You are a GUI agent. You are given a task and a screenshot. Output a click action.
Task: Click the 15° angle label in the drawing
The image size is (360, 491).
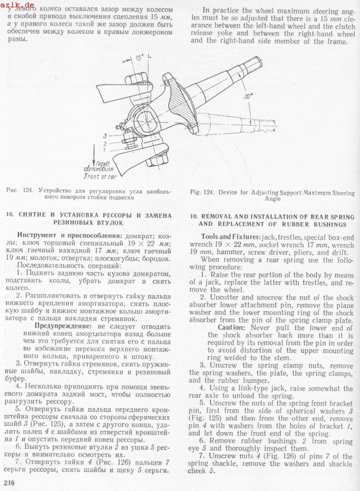click(139, 58)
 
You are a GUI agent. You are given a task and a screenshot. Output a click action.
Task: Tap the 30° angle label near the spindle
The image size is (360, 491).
click(248, 96)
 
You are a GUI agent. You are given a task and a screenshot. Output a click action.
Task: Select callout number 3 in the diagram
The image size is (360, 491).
click(105, 136)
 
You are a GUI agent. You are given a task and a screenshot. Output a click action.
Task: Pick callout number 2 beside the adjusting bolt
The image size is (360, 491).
click(105, 144)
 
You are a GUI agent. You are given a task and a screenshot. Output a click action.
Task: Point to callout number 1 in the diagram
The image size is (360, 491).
click(104, 150)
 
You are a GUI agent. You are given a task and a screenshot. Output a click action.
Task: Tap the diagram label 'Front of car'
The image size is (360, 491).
click(100, 176)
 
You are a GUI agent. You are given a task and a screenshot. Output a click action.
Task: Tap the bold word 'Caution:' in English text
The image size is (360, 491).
click(231, 328)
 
